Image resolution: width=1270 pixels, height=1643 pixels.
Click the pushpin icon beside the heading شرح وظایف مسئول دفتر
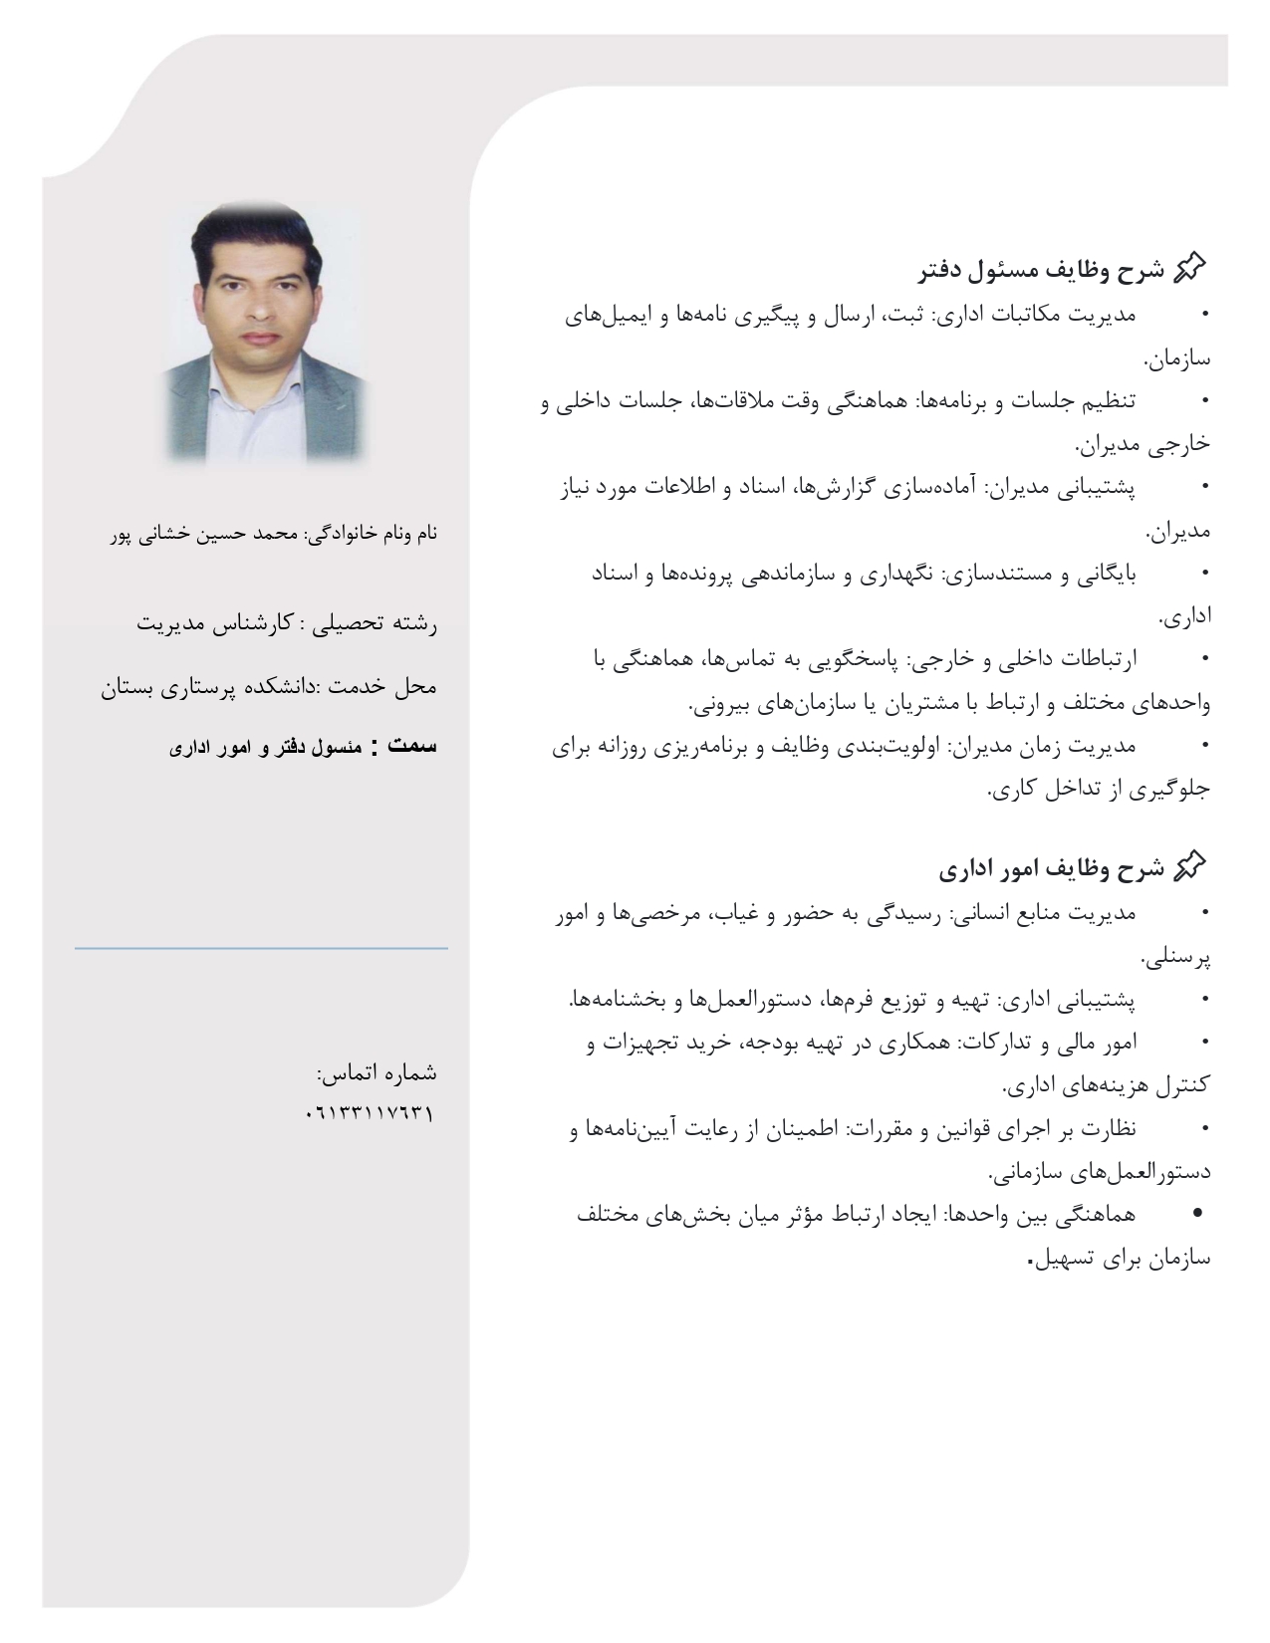coord(1190,267)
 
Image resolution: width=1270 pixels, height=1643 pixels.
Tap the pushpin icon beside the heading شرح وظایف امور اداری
coord(1190,866)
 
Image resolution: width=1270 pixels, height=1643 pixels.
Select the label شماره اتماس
coord(377,1072)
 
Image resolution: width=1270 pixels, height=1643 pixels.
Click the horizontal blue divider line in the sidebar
coord(261,948)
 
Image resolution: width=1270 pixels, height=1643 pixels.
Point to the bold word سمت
coord(412,746)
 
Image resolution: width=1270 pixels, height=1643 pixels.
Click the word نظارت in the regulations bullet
coord(1105,1129)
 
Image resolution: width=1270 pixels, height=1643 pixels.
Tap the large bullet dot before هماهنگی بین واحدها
coord(1198,1214)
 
